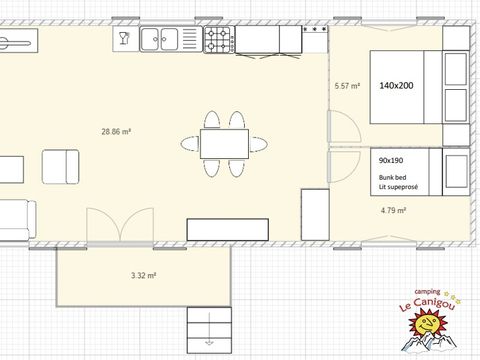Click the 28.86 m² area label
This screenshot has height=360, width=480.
116,131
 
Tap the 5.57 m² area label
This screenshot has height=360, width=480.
347,86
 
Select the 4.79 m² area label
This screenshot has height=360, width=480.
393,210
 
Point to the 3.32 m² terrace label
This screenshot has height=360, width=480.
144,275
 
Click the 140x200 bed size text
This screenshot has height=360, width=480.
396,86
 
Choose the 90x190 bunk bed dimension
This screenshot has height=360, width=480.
391,160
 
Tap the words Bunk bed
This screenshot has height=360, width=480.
392,177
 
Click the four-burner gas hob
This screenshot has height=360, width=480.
219,40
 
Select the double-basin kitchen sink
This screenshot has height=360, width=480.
171,39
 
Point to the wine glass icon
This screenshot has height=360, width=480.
124,38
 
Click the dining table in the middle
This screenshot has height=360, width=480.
224,144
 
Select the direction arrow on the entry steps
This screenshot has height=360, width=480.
209,329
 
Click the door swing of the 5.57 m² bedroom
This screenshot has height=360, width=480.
344,127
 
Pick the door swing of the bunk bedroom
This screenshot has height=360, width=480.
344,166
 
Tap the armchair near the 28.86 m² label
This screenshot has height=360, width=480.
61,167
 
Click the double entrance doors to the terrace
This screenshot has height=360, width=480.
120,225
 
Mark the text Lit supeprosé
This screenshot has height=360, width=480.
398,187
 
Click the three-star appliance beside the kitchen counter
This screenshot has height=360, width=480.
315,39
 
